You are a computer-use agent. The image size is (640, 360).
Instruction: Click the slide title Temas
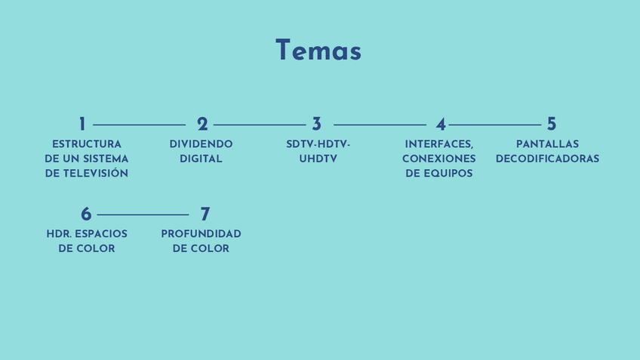point(318,51)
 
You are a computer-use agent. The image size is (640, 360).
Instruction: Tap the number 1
point(82,125)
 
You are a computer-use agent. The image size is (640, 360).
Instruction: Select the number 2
point(202,125)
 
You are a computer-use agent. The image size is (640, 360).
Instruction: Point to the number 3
point(317,125)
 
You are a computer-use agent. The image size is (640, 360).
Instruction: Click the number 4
point(441,125)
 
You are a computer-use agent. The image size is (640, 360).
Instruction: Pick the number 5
point(552,125)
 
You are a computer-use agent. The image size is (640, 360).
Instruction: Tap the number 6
point(86,215)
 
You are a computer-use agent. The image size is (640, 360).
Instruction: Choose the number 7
point(205,215)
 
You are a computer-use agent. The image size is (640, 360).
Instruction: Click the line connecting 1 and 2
point(139,125)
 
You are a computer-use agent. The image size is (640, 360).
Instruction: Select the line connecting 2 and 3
point(259,125)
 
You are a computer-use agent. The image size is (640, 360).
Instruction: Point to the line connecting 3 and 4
point(380,125)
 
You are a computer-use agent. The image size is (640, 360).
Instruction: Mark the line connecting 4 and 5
point(495,125)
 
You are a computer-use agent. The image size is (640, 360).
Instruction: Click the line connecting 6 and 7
point(143,215)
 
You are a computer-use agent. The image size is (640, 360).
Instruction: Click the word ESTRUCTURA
point(87,144)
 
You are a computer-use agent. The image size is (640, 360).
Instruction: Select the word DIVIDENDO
point(201,144)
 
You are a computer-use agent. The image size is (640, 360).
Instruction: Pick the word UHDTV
point(318,158)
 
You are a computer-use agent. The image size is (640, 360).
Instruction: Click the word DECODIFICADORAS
point(547,158)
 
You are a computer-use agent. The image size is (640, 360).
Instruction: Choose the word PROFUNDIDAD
point(201,234)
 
